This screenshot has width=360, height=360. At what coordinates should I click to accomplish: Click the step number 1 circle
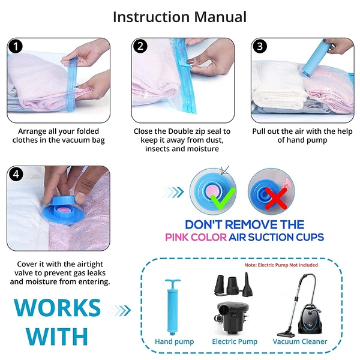click(16, 47)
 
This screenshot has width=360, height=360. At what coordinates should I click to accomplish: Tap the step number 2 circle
click(140, 46)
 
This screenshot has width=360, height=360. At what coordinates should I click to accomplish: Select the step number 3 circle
click(260, 46)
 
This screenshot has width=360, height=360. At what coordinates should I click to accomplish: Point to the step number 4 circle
click(16, 175)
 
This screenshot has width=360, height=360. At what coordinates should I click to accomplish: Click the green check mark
click(223, 198)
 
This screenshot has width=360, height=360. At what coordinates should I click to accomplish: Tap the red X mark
click(276, 199)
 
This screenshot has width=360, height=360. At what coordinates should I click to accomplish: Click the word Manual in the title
click(220, 17)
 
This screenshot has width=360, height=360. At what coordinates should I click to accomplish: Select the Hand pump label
click(174, 341)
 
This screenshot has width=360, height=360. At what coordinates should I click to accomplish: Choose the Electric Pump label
click(235, 341)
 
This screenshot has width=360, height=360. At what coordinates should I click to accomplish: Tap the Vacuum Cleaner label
click(300, 341)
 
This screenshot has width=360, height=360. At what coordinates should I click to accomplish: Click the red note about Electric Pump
click(281, 265)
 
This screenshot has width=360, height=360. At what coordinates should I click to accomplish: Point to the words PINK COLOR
click(196, 237)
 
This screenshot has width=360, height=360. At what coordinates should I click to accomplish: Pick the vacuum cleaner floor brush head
click(286, 334)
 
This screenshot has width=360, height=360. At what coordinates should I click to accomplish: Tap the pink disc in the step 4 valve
click(62, 209)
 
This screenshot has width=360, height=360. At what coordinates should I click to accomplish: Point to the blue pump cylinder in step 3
click(316, 59)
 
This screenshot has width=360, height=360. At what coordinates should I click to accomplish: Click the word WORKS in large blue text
click(57, 308)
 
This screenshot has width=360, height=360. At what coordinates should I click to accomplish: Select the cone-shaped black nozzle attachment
click(247, 284)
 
